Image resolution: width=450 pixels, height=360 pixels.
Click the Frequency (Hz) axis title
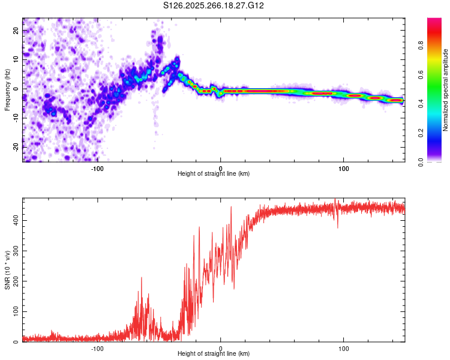(7, 89)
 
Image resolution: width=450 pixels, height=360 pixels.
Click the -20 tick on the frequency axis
(15, 147)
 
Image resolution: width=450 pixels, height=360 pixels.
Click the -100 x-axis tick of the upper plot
(97, 168)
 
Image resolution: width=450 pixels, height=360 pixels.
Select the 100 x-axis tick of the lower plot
(344, 348)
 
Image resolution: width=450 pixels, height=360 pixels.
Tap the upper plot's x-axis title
(214, 174)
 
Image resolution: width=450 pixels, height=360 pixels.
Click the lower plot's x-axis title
(214, 354)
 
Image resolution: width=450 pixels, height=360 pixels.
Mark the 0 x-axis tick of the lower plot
(221, 348)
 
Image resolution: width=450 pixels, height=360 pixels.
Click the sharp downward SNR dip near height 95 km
(337, 227)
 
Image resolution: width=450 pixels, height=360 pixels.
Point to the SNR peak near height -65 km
(142, 278)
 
